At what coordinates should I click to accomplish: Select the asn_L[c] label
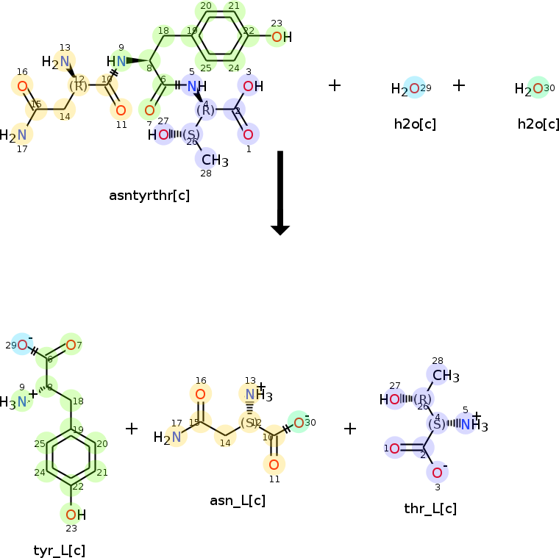pos(238,501)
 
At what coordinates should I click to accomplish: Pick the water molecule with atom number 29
pos(410,89)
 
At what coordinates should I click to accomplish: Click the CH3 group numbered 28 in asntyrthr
pos(214,159)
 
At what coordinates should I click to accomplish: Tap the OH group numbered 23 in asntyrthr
pos(280,37)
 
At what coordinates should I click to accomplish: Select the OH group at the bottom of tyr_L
pos(74,514)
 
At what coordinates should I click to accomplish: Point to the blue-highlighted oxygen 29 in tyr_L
pos(23,345)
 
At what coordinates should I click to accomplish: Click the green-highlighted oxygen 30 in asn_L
pos(299,422)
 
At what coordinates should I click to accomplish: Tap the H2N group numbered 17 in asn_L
pos(168,437)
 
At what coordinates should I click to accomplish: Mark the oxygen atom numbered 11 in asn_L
pos(274,464)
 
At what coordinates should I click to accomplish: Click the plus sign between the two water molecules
pos(459,85)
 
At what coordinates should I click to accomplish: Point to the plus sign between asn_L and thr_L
pos(350,428)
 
